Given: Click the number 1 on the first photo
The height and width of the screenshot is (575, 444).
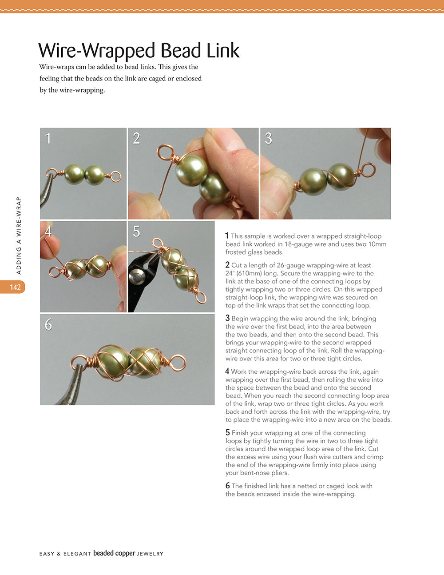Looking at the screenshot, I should (x=48, y=139).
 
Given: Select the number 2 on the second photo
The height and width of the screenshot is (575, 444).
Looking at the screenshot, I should (x=136, y=139).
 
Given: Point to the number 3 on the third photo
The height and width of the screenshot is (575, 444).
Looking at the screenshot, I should (x=268, y=139).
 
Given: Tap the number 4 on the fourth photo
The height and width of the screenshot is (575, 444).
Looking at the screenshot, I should (x=48, y=232).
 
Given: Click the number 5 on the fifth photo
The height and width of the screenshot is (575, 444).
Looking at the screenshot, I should (x=136, y=232).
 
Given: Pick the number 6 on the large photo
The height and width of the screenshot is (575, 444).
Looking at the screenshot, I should (x=48, y=325).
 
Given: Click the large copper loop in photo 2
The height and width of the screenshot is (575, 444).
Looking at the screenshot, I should (x=165, y=152).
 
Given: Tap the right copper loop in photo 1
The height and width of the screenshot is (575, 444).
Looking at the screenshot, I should (x=115, y=176).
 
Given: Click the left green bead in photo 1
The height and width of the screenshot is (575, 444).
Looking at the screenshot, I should (x=74, y=174).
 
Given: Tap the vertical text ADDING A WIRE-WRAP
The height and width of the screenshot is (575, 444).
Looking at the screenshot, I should (x=19, y=236).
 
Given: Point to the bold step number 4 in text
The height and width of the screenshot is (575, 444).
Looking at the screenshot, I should (x=227, y=371).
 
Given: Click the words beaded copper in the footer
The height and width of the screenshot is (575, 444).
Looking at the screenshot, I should (x=114, y=554).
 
